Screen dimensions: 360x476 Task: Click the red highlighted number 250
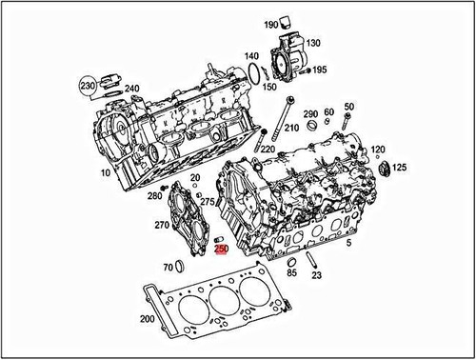tap(221, 250)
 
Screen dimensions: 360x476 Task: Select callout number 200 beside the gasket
tap(147, 320)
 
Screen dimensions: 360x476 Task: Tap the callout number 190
tap(270, 24)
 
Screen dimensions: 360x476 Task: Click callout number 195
tap(320, 70)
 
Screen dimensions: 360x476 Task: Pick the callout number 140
tap(251, 56)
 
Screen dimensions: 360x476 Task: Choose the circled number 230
tap(89, 85)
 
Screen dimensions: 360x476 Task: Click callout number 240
tap(131, 90)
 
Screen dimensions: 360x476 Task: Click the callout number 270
tap(162, 226)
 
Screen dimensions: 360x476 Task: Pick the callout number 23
tap(317, 275)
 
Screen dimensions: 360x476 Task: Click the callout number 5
tap(349, 245)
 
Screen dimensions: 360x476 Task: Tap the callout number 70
tap(168, 267)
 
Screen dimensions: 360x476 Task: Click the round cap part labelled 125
tap(386, 170)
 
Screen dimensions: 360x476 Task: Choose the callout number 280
tap(155, 196)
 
